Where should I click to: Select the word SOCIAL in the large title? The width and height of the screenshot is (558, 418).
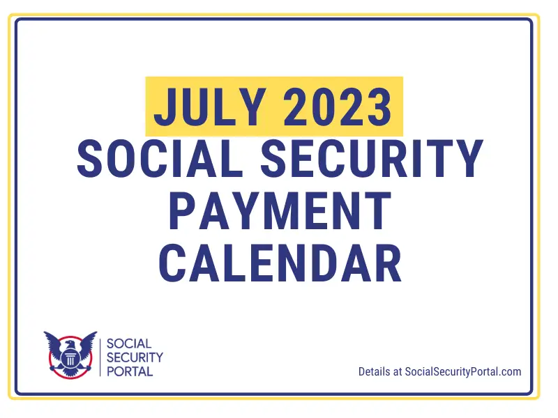click(x=163, y=158)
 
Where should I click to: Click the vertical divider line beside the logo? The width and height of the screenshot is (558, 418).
click(x=102, y=357)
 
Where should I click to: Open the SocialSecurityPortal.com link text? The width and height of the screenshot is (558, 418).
click(x=463, y=372)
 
